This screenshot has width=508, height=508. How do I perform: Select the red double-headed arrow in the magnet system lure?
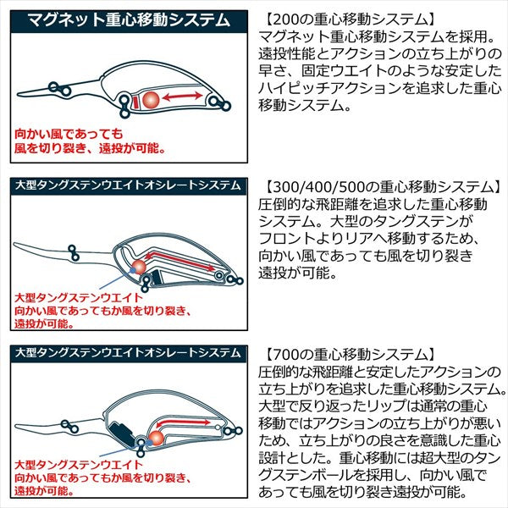coord(187,99)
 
